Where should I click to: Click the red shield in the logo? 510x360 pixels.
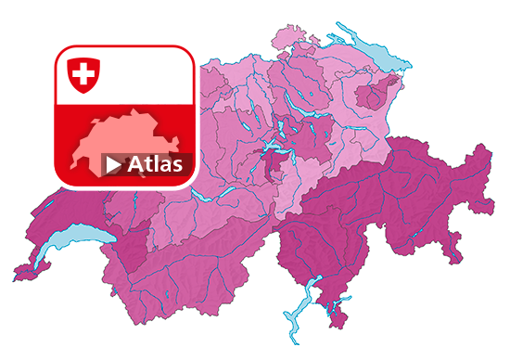(83, 73)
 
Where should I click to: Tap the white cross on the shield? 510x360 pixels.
(83, 72)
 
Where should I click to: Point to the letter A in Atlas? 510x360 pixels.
(135, 165)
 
